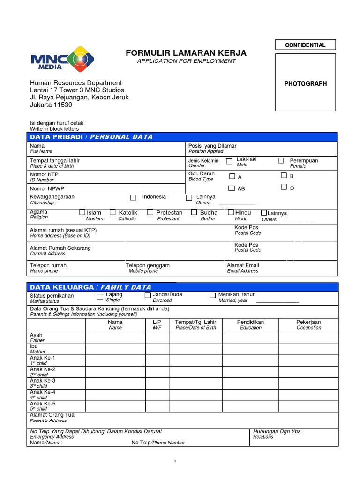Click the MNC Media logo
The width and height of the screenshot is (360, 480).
point(62,60)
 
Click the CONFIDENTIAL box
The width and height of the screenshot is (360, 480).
point(305,45)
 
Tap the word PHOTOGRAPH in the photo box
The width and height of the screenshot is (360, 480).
point(305,84)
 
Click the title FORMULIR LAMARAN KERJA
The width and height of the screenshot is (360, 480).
point(186,53)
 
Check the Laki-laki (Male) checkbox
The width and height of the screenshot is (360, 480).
point(229,161)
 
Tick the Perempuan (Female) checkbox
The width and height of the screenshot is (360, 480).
point(281,161)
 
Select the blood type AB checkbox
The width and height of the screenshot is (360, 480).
point(232,188)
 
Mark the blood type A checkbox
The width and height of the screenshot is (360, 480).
point(232,176)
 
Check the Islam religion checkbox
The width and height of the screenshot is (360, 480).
point(82,212)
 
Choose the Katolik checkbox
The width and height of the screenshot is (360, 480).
point(112,212)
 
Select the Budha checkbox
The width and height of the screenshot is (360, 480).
point(194,212)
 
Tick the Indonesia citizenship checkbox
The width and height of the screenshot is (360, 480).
point(133,198)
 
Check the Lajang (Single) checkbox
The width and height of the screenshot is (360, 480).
point(100,297)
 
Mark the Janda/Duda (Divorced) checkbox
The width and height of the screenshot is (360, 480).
point(148,295)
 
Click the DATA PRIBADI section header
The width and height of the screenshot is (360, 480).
point(91,137)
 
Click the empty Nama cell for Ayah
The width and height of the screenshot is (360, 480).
point(115,337)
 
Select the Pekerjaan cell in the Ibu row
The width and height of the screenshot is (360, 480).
point(308,349)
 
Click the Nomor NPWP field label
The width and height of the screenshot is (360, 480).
point(47,188)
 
